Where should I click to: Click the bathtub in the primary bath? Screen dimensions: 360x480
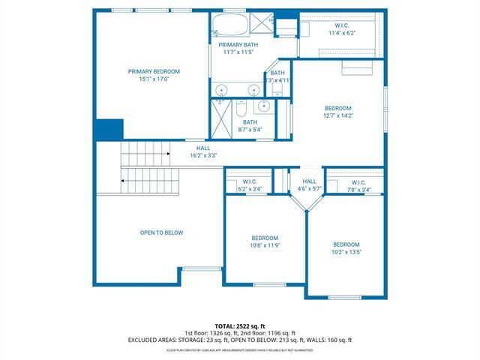pyautogui.click(x=229, y=26)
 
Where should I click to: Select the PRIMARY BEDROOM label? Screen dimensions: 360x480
pyautogui.click(x=154, y=71)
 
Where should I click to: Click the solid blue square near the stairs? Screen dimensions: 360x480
pyautogui.click(x=109, y=129)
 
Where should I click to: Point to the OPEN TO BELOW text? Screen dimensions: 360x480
pyautogui.click(x=161, y=232)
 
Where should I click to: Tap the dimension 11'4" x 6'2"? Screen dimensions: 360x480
pyautogui.click(x=340, y=33)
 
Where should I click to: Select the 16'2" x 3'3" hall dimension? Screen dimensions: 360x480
pyautogui.click(x=202, y=157)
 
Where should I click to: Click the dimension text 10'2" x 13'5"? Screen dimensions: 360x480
pyautogui.click(x=346, y=253)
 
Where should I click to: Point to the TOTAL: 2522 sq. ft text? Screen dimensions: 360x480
pyautogui.click(x=240, y=325)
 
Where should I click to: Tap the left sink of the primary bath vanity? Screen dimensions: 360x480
pyautogui.click(x=221, y=91)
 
